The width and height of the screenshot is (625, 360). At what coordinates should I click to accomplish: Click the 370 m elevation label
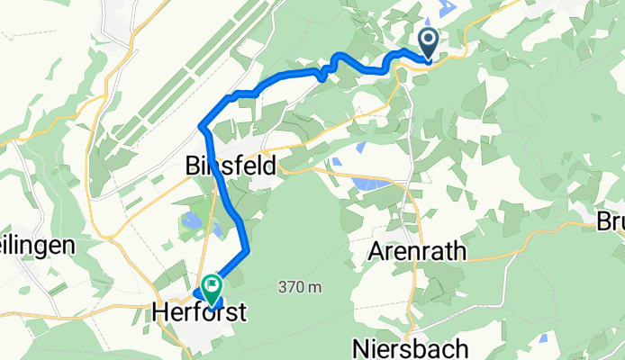coord(300,287)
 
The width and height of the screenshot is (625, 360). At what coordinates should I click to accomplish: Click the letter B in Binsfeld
coord(193,166)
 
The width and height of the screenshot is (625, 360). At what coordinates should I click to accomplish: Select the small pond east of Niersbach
coord(542,338)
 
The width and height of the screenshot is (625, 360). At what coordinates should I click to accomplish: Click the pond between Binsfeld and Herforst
coord(192,219)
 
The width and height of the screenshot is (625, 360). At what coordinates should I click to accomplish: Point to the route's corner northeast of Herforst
coord(246,249)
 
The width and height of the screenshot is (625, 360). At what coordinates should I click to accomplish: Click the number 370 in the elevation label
coord(293,287)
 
